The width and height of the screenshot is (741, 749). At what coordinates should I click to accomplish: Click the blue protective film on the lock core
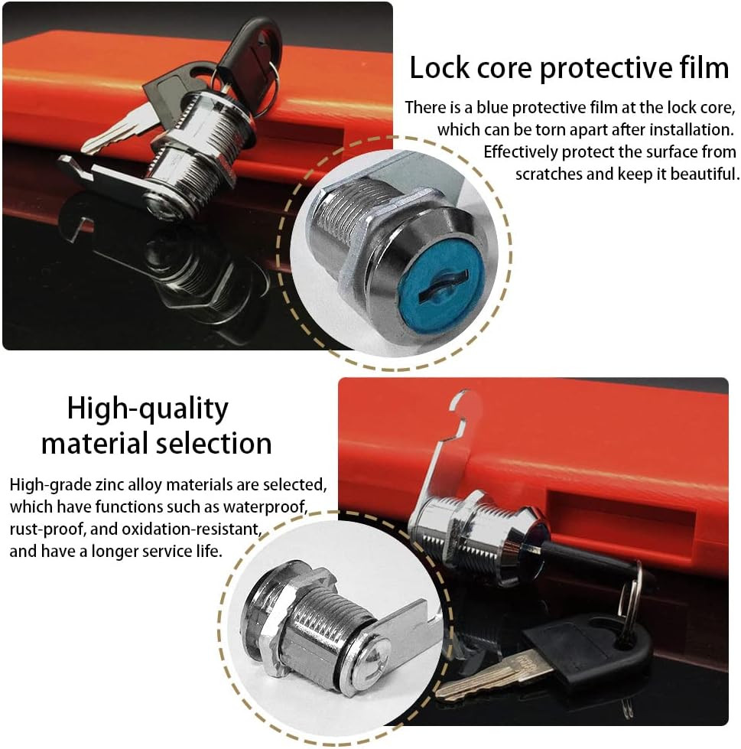click(x=441, y=291)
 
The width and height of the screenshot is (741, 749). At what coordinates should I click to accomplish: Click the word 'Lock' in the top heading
click(x=439, y=67)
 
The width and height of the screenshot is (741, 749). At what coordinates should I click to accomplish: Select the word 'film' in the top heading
click(x=704, y=67)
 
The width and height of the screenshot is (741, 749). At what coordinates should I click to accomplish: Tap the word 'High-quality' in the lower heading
click(x=148, y=410)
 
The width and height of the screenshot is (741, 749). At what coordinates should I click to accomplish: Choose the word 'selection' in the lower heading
click(x=214, y=443)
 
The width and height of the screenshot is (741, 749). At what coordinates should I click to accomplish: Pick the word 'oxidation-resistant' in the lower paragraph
click(x=191, y=529)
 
